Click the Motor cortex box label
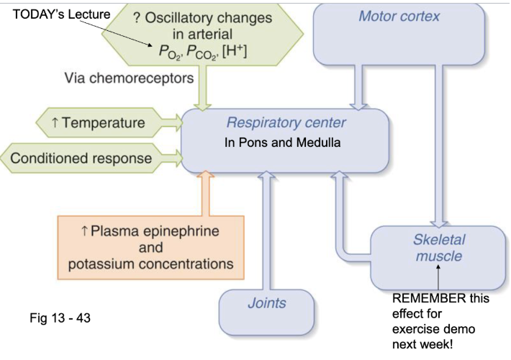399,17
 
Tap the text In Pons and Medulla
281,143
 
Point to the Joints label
267,303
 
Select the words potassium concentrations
150,264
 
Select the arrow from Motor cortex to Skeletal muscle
435,144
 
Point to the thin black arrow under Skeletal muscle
438,277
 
